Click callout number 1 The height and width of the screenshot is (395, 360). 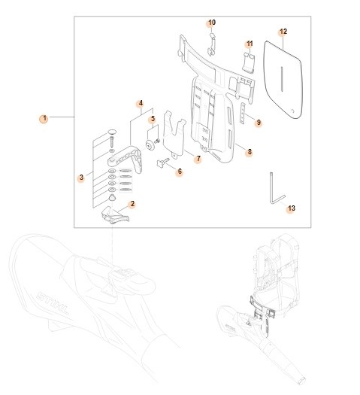pos(44,118)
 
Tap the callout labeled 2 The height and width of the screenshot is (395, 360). pos(132,203)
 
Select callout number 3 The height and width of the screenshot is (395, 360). pos(80,178)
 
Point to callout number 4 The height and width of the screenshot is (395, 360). pos(140,103)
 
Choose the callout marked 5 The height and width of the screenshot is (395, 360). pos(152,118)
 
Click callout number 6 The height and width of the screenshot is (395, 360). pos(179,172)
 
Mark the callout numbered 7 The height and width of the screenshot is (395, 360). pos(198,159)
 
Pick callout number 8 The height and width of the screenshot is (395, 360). pos(249,152)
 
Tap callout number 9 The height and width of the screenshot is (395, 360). pos(258,122)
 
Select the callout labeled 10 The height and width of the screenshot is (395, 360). pos(211,23)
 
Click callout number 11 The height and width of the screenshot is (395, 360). pos(250,44)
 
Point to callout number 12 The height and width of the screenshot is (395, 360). pos(283,32)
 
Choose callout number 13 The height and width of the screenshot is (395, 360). pos(291,208)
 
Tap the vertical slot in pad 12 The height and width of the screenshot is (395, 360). pos(280,84)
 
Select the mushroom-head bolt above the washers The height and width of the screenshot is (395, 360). pos(112,135)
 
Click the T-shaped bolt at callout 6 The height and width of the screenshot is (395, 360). pos(163,163)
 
